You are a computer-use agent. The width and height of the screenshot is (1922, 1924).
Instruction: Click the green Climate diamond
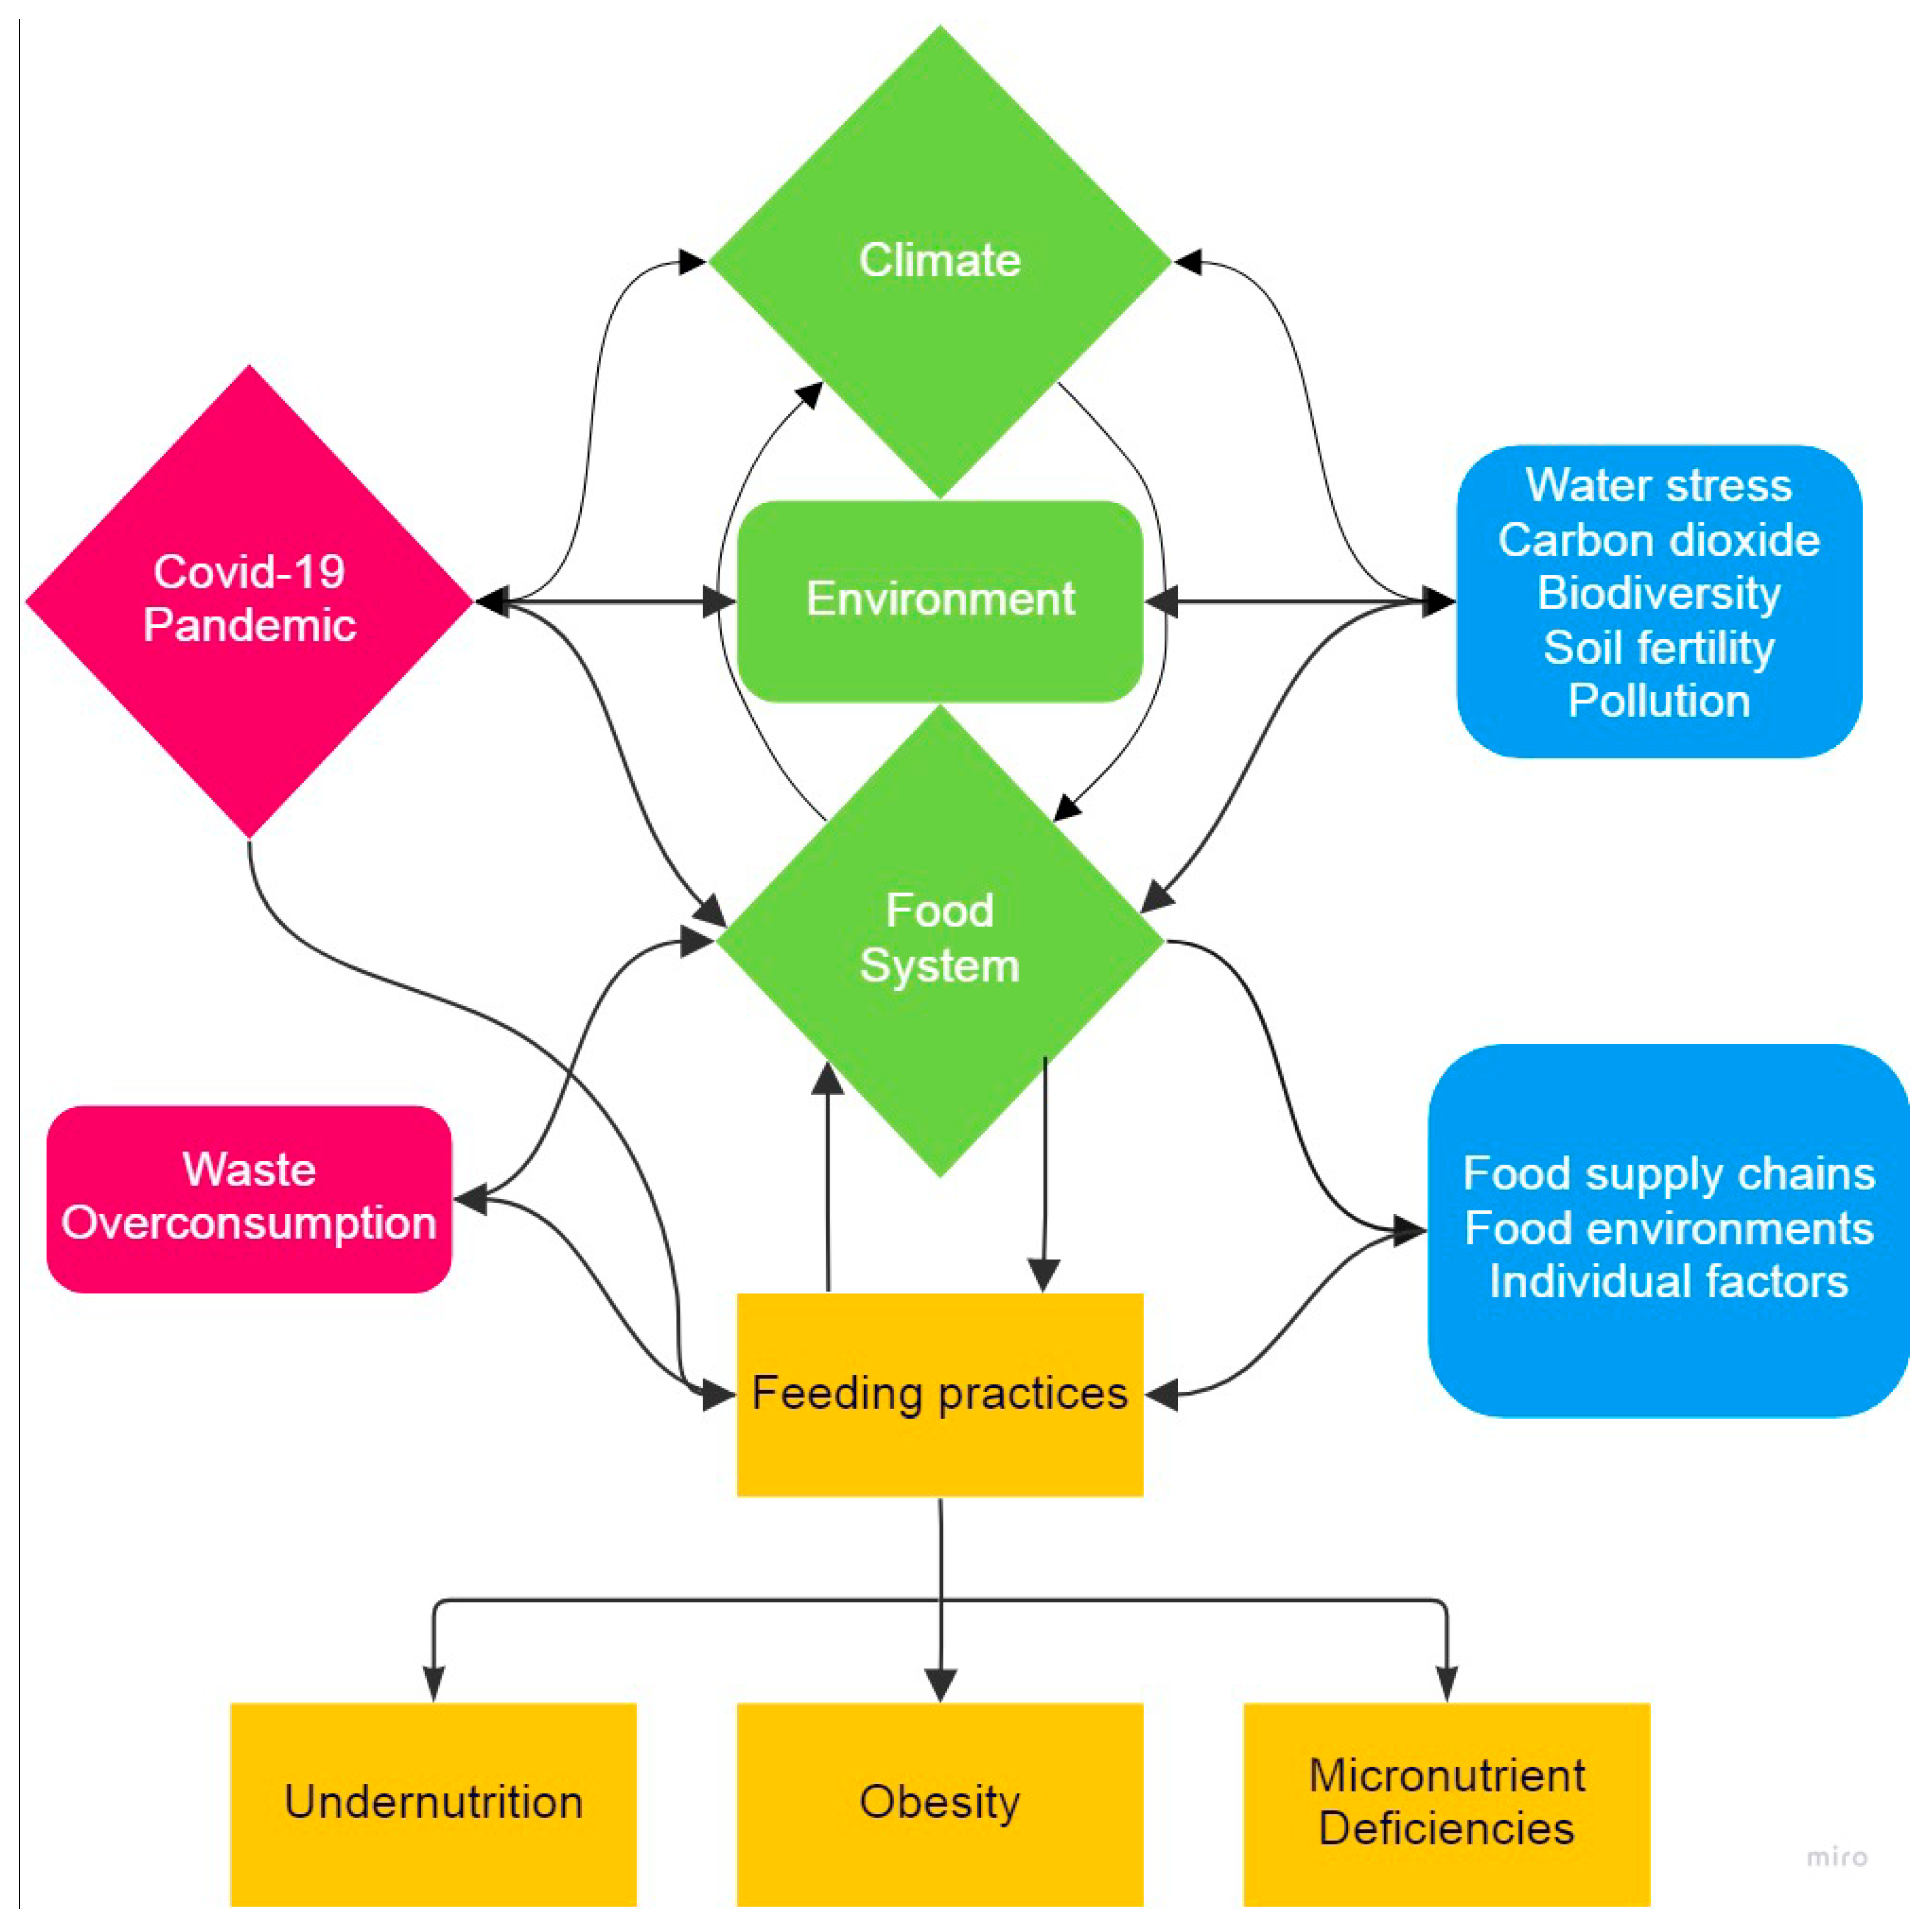pos(939,261)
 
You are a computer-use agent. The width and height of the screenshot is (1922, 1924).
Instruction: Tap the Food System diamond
pos(939,938)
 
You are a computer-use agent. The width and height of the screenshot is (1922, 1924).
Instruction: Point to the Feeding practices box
pos(939,1393)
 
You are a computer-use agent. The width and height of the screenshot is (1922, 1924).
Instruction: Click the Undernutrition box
pos(433,1803)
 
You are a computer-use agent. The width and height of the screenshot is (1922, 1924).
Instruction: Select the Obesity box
pos(939,1803)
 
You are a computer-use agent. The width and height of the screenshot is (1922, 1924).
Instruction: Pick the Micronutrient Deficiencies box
pos(1446,1803)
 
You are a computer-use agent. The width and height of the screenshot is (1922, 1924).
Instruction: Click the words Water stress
pos(1658,486)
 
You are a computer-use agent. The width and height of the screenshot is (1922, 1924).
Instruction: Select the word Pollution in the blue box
pos(1658,701)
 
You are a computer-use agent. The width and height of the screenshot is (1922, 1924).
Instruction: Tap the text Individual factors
pos(1668,1282)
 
